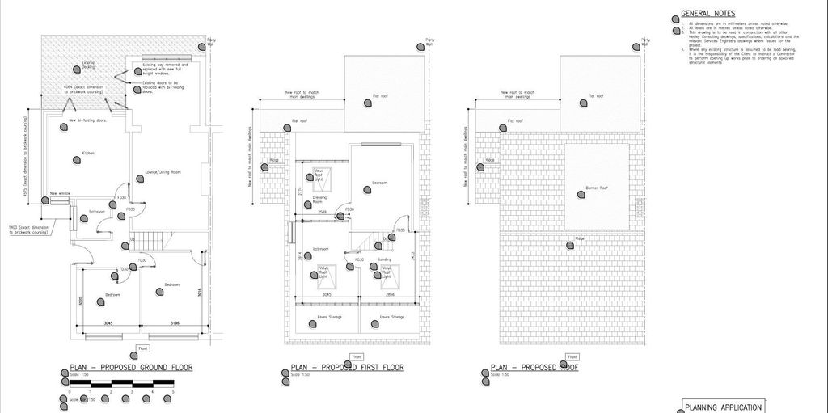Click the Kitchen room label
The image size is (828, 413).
pos(87,153)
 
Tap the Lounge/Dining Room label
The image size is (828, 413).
pos(163,173)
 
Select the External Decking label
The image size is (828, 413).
pos(88,64)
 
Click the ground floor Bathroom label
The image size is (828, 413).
pos(98,212)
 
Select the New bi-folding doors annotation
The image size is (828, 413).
pos(87,120)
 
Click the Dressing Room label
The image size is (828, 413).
pos(319,199)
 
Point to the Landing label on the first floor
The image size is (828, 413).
pos(385,259)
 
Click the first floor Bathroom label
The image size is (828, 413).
pos(320,249)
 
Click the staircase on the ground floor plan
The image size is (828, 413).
pos(151,239)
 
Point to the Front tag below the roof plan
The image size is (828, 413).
pos(572,356)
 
